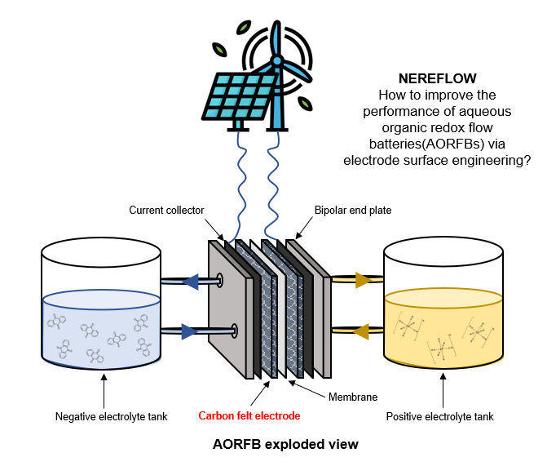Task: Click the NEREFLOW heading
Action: click(x=438, y=78)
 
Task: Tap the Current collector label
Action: click(x=166, y=210)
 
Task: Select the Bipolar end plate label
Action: click(x=353, y=210)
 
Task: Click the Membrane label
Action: click(x=353, y=397)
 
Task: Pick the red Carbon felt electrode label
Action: click(x=249, y=415)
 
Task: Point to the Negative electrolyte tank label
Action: click(x=112, y=416)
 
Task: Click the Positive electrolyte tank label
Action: click(x=439, y=416)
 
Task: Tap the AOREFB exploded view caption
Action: click(x=285, y=444)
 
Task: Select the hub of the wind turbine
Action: click(x=277, y=60)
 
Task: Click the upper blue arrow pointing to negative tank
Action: click(x=191, y=282)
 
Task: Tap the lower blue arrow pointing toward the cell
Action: click(x=190, y=331)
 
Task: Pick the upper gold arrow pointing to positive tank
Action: click(x=364, y=280)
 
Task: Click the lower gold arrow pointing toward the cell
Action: click(x=361, y=331)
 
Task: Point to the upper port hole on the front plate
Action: click(x=220, y=280)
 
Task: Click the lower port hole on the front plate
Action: click(x=235, y=331)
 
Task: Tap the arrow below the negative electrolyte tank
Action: click(x=104, y=391)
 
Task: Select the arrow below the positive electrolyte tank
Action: click(x=443, y=390)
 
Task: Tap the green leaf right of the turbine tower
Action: click(x=305, y=104)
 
